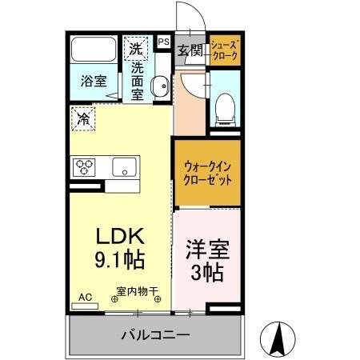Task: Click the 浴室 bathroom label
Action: (x=94, y=80)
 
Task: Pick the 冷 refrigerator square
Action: (x=82, y=119)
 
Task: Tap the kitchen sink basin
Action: (x=123, y=167)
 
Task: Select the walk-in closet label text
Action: (x=206, y=173)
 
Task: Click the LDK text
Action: (x=120, y=237)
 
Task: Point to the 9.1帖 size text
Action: (x=120, y=259)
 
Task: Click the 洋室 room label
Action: (x=206, y=249)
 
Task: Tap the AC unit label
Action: (x=84, y=297)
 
